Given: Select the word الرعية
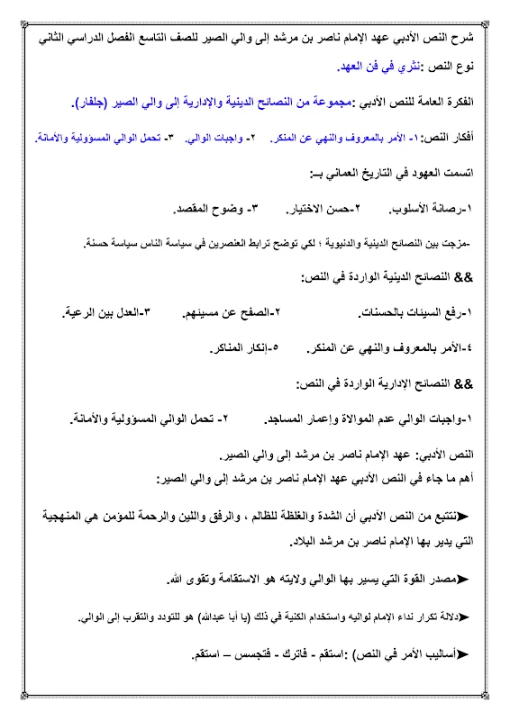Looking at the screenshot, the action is tap(88, 312).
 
